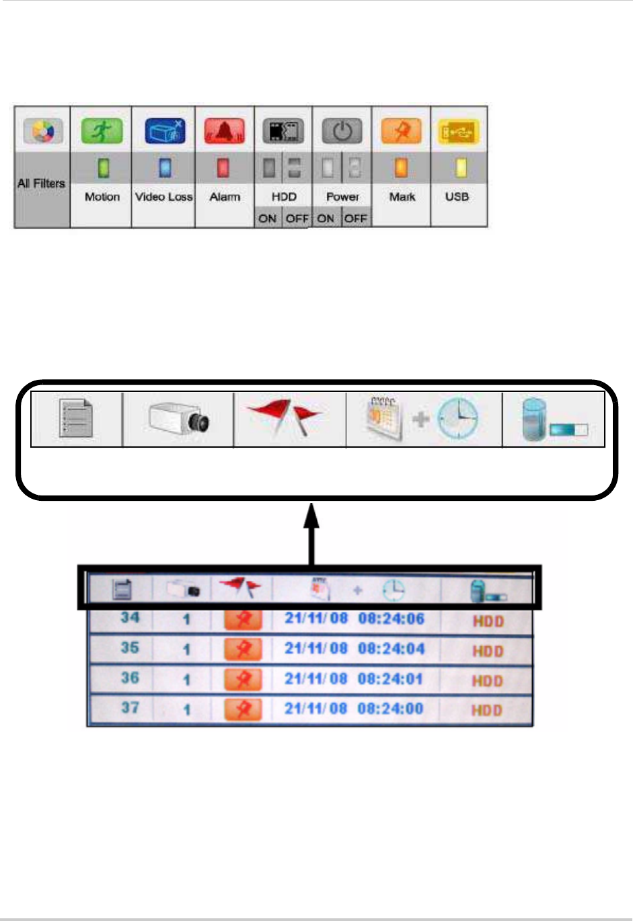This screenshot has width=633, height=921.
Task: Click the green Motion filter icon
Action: pos(102,131)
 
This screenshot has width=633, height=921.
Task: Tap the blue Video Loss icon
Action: pos(164,131)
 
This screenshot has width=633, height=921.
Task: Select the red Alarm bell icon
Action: pos(225,131)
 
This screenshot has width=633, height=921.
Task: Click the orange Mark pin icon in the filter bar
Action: pos(402,131)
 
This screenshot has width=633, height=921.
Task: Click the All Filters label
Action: pos(42,184)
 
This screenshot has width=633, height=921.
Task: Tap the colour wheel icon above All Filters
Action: pos(42,131)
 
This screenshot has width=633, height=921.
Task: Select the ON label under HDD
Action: pos(267,218)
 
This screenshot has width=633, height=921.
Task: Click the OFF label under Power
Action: pos(356,218)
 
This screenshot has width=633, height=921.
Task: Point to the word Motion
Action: pos(102,197)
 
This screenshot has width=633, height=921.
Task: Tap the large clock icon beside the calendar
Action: pos(458,419)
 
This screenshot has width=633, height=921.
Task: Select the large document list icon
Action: pos(75,419)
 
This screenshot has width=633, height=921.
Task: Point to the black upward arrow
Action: pos(311,535)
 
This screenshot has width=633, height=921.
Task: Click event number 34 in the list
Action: pos(130,617)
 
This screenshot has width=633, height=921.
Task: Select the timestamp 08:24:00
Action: pos(390,708)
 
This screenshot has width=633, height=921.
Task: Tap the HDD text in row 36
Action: pos(488,681)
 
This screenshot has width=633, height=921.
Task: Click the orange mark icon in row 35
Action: pos(243,649)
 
